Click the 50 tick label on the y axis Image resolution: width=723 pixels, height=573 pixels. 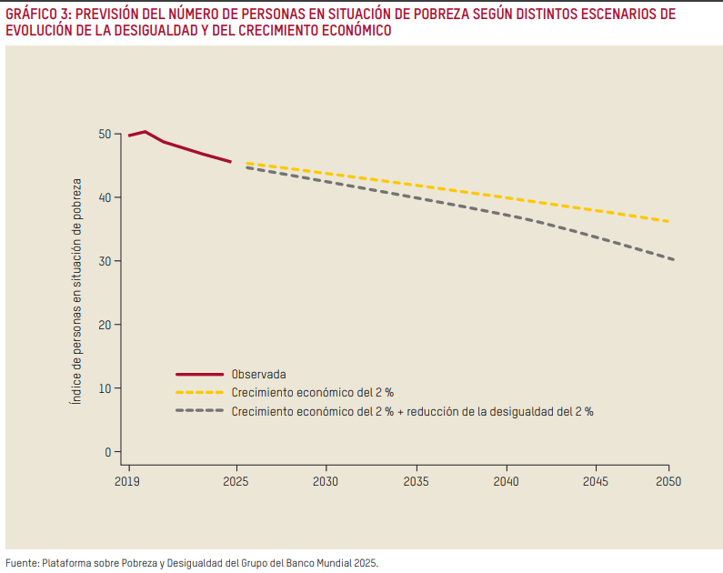pos(105,135)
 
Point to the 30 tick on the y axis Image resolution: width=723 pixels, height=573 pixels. pos(105,262)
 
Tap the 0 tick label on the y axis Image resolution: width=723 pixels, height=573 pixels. pos(107,452)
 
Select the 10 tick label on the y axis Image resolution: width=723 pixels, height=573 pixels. pos(105,388)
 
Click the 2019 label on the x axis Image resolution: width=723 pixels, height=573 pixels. pos(128,481)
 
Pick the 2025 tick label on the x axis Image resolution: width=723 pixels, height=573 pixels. pos(236,481)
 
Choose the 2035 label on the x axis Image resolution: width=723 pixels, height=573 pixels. pos(417,481)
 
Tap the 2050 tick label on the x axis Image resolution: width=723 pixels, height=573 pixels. pos(668,481)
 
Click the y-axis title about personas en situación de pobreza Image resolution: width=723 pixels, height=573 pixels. pos(78,291)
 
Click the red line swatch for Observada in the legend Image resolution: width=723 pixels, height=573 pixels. pos(199,374)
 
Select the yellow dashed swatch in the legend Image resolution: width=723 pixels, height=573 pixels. pos(199,393)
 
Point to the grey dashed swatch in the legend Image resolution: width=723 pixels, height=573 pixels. pos(199,411)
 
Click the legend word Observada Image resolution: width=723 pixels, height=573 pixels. pos(259,374)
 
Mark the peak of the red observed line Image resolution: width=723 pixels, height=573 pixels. pos(146,132)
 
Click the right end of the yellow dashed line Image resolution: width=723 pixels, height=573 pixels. pos(670,222)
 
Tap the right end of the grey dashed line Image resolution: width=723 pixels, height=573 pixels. pos(673,260)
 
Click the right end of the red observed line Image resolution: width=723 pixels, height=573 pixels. pos(231,162)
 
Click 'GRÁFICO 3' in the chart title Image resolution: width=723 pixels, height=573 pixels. pos(37,14)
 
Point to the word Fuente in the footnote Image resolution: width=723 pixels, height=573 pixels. pos(22,562)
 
